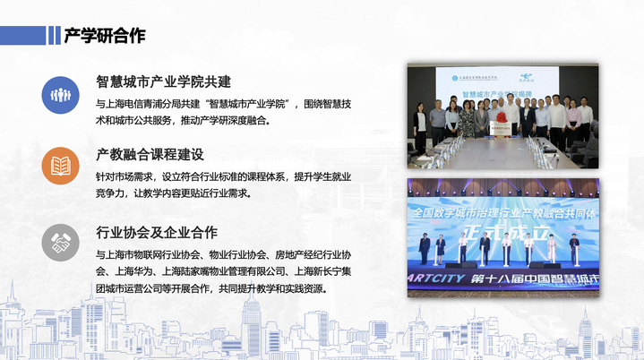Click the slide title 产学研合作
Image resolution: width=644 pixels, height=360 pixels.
[104, 36]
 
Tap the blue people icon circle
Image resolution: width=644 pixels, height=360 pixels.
[61, 94]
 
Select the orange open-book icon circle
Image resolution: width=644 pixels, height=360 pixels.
[61, 166]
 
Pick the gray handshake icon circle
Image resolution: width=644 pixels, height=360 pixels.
[61, 242]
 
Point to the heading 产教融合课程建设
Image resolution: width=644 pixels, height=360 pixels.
[150, 155]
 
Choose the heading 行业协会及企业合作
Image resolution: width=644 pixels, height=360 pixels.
[157, 233]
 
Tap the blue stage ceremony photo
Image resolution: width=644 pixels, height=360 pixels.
[503, 235]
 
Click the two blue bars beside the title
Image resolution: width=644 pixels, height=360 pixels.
[53, 36]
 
